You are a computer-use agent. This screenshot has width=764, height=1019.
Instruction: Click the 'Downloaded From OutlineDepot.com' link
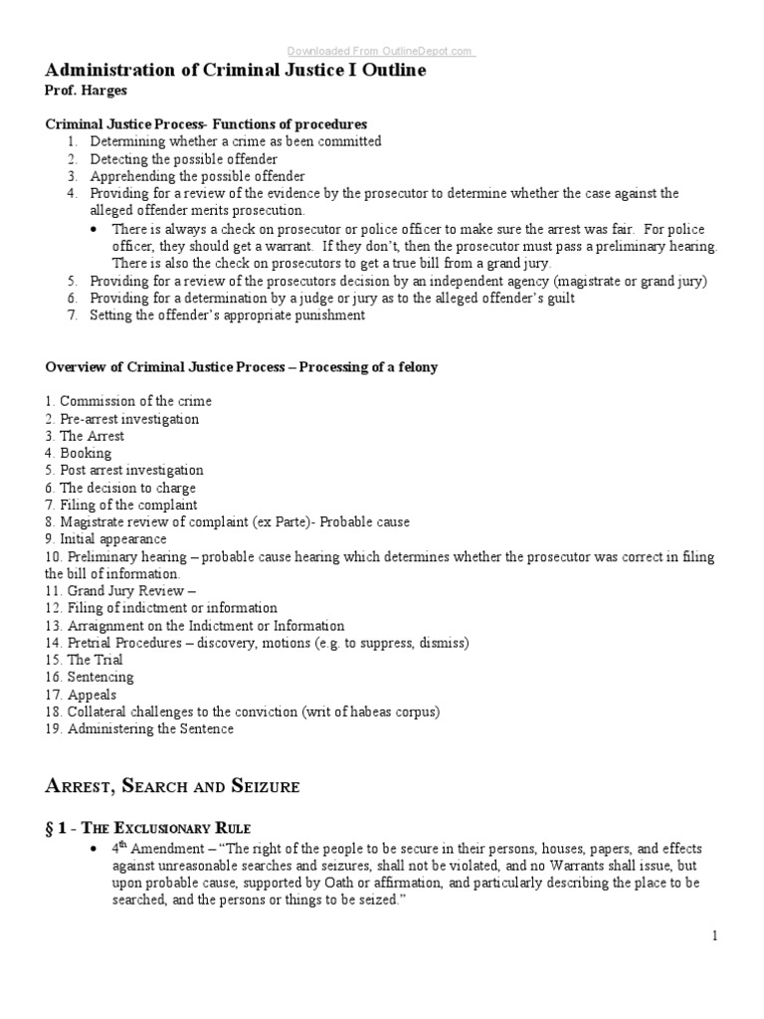(x=381, y=52)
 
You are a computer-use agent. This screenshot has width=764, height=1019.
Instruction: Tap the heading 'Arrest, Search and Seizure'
(x=172, y=786)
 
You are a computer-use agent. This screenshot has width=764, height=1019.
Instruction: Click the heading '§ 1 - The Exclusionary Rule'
(x=148, y=828)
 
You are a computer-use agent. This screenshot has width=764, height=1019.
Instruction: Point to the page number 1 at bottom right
(x=714, y=935)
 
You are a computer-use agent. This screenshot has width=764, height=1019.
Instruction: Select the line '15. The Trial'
(x=83, y=660)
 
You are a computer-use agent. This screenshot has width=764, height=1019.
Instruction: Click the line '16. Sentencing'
(x=90, y=677)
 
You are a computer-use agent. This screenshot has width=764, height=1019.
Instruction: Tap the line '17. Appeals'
(x=81, y=695)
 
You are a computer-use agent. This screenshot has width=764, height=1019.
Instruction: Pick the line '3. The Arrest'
(x=85, y=436)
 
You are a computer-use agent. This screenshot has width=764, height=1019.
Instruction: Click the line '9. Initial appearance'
(x=105, y=538)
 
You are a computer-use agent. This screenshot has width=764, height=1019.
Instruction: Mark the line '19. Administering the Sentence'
(x=139, y=728)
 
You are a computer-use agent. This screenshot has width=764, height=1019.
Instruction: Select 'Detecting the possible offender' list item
(x=183, y=159)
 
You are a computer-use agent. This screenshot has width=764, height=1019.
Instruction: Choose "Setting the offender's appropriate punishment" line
(x=227, y=315)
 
